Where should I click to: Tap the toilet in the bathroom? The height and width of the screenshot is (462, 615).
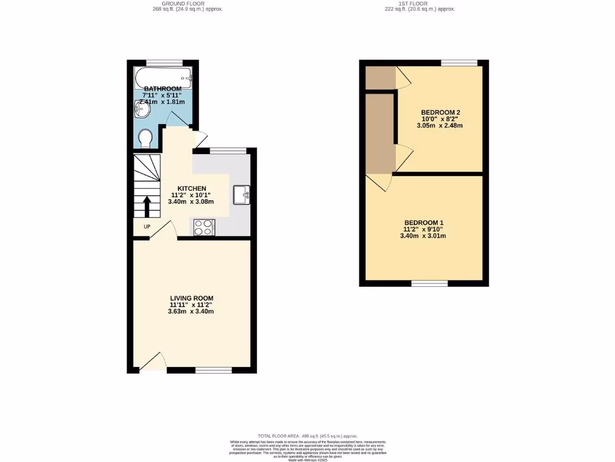click(x=145, y=139)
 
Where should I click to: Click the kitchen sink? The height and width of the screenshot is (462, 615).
click(x=241, y=194)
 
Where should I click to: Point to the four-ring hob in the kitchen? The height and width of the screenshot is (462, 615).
click(x=204, y=227)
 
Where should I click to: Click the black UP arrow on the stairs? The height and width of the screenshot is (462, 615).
click(x=147, y=208)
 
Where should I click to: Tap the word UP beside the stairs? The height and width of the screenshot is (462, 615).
click(x=147, y=227)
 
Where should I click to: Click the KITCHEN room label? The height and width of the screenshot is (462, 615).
click(x=191, y=188)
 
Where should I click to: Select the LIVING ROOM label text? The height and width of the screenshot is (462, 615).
click(x=192, y=298)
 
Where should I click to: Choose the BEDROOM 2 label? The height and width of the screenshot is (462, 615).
click(x=440, y=112)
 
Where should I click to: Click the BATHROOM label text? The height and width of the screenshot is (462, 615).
click(x=162, y=89)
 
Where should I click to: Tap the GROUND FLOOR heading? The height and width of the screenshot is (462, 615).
click(x=187, y=4)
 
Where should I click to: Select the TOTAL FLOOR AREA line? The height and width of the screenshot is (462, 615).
click(x=307, y=436)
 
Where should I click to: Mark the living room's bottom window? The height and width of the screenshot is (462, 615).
click(x=214, y=369)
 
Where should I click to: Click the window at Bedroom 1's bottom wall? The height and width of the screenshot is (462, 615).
click(x=429, y=283)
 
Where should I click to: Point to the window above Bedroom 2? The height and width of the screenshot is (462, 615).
click(x=459, y=63)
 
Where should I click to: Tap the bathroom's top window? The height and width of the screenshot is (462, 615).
click(x=165, y=63)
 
